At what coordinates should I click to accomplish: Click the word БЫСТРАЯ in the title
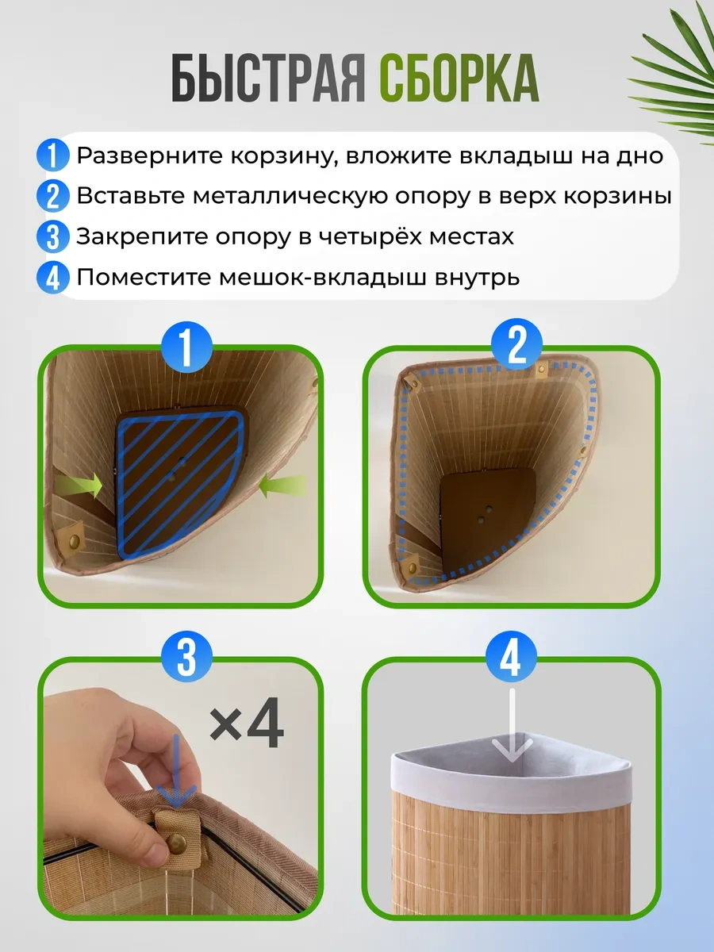tap(268, 79)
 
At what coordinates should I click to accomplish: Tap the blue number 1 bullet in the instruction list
tap(53, 155)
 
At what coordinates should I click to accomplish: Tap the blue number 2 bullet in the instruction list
tap(53, 196)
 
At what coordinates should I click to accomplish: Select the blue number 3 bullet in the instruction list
tap(53, 236)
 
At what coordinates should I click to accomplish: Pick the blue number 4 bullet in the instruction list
tap(53, 278)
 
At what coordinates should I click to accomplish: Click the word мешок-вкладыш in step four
tap(323, 278)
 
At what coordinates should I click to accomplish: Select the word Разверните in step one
tap(150, 156)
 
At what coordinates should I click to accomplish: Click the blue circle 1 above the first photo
tap(186, 347)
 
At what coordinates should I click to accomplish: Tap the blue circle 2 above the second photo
tap(516, 345)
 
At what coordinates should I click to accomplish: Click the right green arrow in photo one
tap(282, 486)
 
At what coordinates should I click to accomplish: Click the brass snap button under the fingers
tap(177, 843)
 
